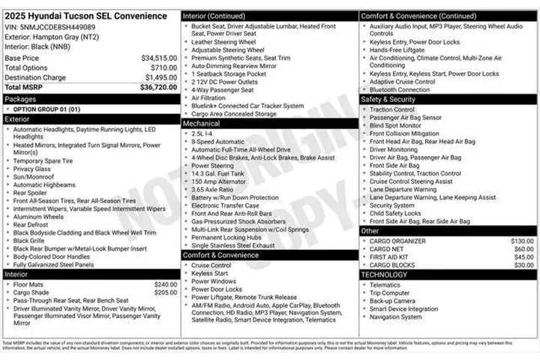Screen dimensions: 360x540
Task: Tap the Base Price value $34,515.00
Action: (x=159, y=58)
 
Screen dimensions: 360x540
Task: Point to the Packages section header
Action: (x=20, y=98)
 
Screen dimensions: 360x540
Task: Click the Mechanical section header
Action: (x=202, y=124)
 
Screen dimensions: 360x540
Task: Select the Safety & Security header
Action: (x=388, y=99)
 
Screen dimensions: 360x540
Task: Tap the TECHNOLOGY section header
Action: (x=385, y=275)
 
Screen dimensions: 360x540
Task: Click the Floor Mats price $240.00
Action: (x=166, y=285)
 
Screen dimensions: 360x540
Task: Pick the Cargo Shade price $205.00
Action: (x=166, y=293)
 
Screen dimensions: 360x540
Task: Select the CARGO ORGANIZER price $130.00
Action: (x=522, y=241)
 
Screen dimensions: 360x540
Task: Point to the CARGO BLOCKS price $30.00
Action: (x=524, y=265)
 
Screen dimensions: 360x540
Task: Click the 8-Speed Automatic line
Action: (x=218, y=141)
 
